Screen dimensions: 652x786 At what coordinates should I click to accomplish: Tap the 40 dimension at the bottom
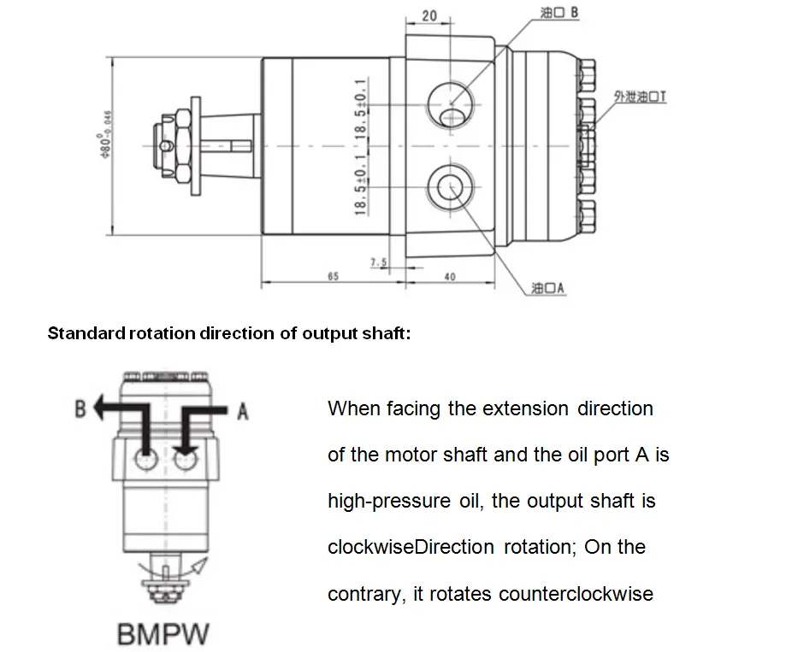(x=451, y=276)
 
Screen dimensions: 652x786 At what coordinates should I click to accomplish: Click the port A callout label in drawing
(x=547, y=289)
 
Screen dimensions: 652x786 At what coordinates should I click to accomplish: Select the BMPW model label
(x=163, y=634)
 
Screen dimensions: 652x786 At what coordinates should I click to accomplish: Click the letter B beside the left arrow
(x=80, y=408)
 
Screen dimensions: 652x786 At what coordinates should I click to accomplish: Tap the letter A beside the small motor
(x=243, y=412)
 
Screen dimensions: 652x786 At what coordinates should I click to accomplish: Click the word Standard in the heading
(x=86, y=333)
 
